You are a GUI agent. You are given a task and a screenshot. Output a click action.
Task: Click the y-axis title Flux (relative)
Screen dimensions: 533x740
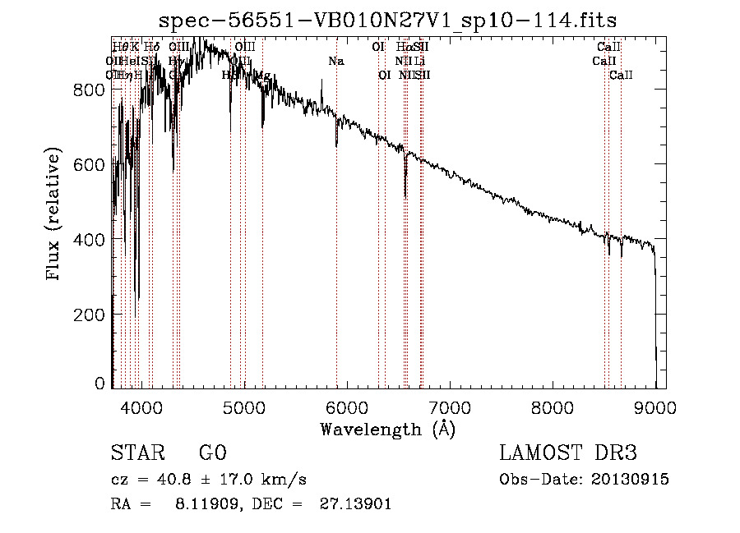(55, 215)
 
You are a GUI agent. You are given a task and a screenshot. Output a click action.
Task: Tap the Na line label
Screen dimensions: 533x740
(335, 62)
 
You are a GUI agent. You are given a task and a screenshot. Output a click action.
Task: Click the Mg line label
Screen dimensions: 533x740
(262, 76)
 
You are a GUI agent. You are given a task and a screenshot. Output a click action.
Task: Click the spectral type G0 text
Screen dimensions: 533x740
(212, 453)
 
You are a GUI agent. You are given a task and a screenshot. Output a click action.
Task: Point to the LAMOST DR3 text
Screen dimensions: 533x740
(568, 453)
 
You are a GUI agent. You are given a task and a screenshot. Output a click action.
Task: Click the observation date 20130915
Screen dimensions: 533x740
(629, 480)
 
